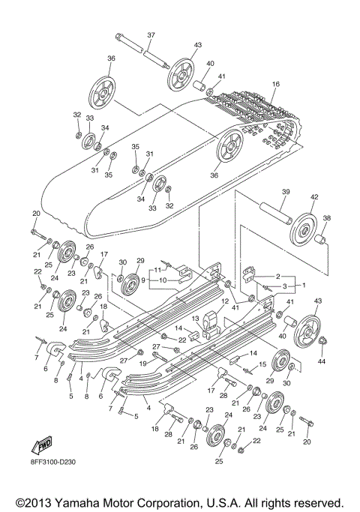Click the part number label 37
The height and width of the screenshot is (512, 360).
tap(151, 35)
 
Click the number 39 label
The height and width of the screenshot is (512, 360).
tap(285, 192)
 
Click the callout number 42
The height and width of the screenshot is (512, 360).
tap(314, 197)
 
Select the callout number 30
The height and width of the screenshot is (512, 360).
tap(122, 261)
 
